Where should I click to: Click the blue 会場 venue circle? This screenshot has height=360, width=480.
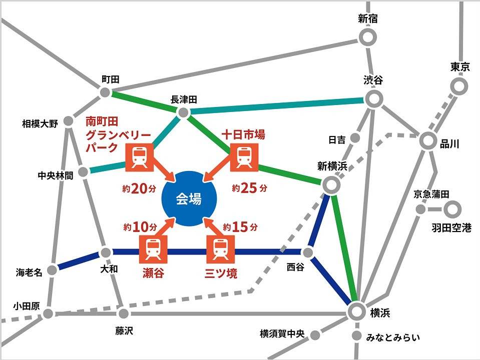click(189, 198)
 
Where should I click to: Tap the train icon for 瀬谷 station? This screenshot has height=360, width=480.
click(153, 249)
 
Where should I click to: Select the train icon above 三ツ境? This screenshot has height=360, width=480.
click(220, 249)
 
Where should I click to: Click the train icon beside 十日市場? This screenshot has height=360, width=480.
click(244, 157)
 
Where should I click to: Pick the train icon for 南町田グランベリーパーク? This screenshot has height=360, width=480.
click(140, 157)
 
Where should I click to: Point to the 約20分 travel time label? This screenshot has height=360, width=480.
click(139, 188)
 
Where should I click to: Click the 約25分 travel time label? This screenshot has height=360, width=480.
click(249, 188)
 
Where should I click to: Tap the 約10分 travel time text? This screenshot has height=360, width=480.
click(141, 227)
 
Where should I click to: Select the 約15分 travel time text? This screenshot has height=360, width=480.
click(240, 227)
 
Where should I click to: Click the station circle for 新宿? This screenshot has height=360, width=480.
click(367, 37)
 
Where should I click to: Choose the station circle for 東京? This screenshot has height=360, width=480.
click(458, 86)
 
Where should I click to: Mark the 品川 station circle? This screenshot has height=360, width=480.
click(427, 140)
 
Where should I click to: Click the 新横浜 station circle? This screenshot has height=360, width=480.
click(331, 185)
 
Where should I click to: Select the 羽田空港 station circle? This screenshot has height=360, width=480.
click(452, 209)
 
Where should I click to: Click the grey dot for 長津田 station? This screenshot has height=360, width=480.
click(183, 112)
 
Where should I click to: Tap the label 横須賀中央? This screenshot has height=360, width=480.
click(282, 333)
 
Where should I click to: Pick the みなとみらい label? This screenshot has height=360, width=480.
click(393, 337)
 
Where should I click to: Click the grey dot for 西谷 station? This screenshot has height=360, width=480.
click(308, 252)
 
